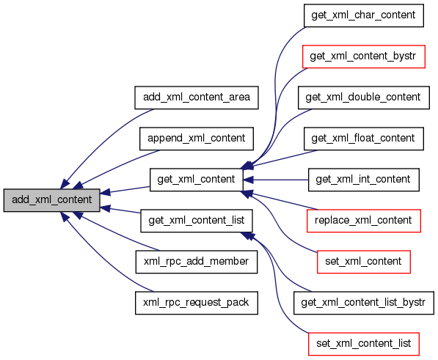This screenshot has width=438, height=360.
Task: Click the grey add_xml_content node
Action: click(x=51, y=200)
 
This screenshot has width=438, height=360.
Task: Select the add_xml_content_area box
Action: click(x=197, y=98)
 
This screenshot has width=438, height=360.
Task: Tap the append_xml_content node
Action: click(x=197, y=139)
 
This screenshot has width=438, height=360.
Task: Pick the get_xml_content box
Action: click(x=197, y=180)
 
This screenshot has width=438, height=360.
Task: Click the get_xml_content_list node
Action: click(x=197, y=221)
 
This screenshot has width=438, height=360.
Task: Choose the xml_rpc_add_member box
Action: click(x=197, y=262)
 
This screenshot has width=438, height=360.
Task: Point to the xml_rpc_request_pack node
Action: click(x=197, y=303)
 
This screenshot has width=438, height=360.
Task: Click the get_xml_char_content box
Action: click(x=364, y=15)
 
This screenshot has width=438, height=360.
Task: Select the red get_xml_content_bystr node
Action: click(x=364, y=56)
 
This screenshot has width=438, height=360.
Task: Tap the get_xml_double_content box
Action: click(x=364, y=98)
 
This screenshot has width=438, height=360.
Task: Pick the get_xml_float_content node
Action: click(x=364, y=139)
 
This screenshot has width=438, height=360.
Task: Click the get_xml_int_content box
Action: click(x=364, y=180)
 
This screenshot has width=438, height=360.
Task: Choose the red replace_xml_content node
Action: click(x=364, y=221)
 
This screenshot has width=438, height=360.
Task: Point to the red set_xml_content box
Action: click(x=364, y=262)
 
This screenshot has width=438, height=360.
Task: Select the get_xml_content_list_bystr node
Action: click(x=364, y=303)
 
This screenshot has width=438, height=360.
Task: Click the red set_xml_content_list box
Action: click(x=364, y=344)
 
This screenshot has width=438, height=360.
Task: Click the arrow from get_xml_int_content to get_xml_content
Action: click(x=276, y=180)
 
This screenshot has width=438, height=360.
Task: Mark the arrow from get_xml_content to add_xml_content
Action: click(x=125, y=190)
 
